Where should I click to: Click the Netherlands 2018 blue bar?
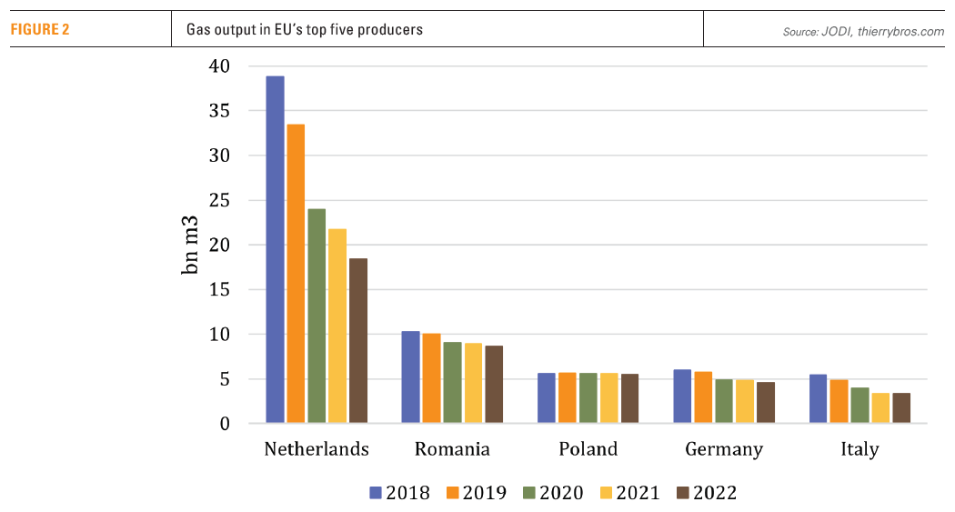tap(275, 250)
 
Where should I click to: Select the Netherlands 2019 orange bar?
tap(296, 274)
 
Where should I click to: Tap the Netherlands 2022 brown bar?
tap(358, 341)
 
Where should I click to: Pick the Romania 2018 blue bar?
tap(410, 377)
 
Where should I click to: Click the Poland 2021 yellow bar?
tap(609, 398)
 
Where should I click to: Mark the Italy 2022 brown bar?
tap(901, 408)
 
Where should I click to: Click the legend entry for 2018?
tap(401, 493)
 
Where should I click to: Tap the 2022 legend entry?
tap(706, 493)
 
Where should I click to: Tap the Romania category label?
tap(452, 449)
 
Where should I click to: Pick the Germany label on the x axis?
tap(724, 449)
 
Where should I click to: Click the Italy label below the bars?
tap(859, 449)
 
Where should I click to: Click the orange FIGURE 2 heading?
tap(40, 29)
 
